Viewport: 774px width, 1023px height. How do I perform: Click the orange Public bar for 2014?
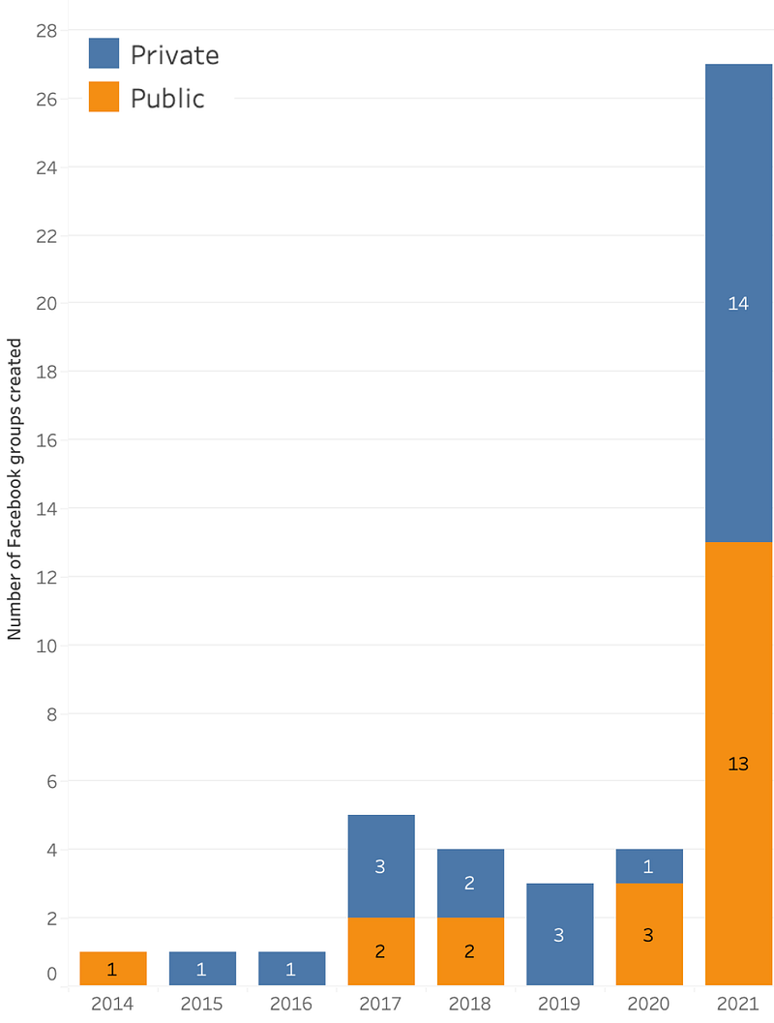[113, 968]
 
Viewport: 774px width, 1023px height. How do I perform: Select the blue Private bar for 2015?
[202, 968]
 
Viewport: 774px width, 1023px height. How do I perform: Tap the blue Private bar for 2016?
[291, 968]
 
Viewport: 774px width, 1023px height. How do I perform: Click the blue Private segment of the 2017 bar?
[380, 866]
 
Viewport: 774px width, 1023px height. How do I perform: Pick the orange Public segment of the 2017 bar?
[380, 950]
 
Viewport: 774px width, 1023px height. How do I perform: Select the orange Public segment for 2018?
[469, 950]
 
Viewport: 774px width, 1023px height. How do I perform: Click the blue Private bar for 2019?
[559, 934]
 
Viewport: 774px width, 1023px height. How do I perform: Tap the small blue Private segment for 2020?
[648, 866]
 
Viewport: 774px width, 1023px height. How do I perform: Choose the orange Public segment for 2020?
[648, 934]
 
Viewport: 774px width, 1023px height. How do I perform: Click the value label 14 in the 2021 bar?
[738, 304]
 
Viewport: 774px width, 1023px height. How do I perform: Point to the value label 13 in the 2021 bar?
[738, 764]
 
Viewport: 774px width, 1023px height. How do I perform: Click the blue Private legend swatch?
[104, 53]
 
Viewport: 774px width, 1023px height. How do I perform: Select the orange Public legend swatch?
[104, 97]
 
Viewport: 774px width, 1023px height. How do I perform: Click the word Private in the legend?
[174, 55]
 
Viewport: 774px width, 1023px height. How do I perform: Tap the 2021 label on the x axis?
[738, 1004]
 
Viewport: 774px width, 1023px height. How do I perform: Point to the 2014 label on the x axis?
[113, 1004]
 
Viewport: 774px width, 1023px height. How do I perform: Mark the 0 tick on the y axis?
[52, 975]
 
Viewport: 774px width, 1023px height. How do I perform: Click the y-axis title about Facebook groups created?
[15, 489]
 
